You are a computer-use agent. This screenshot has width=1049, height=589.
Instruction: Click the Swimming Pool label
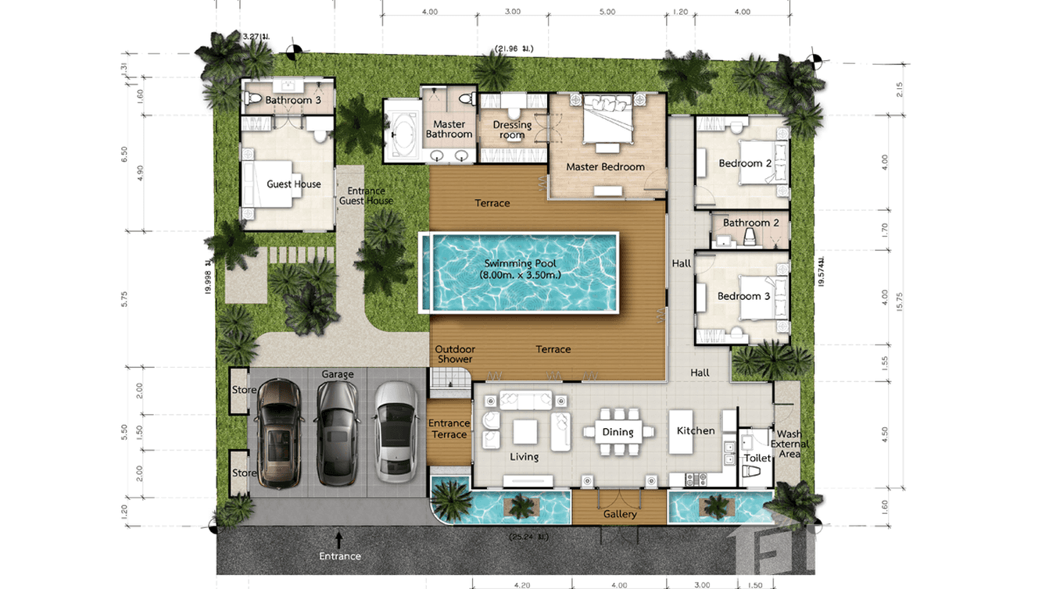tap(520, 270)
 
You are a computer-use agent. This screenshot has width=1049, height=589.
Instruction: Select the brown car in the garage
tap(279, 431)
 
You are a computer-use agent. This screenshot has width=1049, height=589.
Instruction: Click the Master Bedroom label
tap(605, 166)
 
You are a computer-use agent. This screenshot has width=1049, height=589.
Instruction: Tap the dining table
tap(618, 432)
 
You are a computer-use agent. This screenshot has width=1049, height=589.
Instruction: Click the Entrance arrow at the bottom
tap(339, 538)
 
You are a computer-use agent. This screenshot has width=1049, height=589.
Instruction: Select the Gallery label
tap(620, 514)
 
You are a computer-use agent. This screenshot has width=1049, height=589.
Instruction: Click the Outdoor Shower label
tap(454, 354)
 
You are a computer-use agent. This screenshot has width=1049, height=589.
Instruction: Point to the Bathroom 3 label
tap(293, 100)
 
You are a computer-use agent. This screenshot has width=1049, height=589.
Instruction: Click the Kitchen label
tap(696, 430)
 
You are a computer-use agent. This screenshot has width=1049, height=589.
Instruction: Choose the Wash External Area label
tap(789, 444)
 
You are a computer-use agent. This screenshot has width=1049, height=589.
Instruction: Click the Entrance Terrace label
tap(449, 429)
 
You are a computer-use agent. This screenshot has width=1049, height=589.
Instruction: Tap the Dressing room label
tap(512, 130)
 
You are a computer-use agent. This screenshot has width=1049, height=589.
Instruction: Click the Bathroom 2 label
tap(751, 223)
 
